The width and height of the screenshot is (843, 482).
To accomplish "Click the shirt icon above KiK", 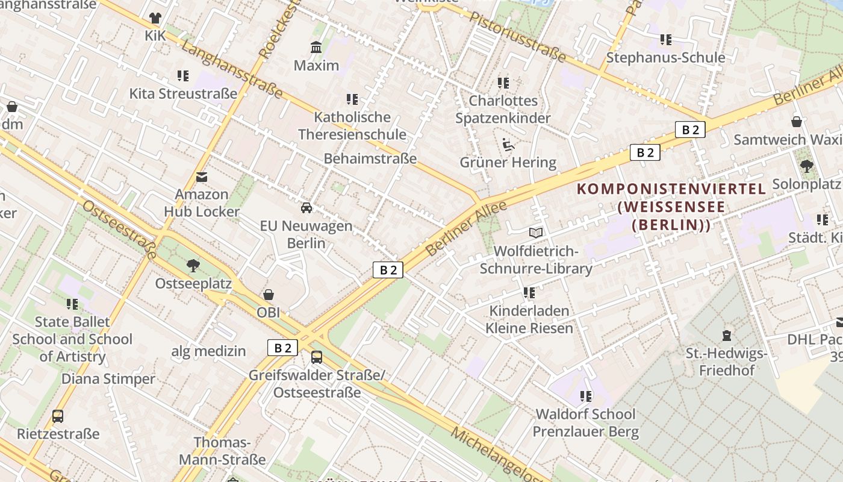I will pos(155,18).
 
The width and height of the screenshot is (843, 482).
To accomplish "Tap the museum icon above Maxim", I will pos(316,48).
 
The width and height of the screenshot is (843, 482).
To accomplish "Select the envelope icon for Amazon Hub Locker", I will pos(202,177).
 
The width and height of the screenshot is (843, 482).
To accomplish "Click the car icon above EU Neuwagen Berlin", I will pos(306,208).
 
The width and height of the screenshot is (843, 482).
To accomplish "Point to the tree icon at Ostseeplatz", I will pos(193,265).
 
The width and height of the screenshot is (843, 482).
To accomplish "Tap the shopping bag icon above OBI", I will pos(269,295).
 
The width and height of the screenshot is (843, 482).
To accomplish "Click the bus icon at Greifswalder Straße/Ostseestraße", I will pos(317,357).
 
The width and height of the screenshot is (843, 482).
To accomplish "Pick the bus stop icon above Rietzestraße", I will pos(58,416).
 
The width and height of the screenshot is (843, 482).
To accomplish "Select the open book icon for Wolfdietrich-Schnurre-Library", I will pos(536,233).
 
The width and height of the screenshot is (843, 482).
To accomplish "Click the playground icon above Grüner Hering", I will pos(508,145).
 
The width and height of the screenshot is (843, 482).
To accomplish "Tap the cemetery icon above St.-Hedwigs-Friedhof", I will pos(727,335).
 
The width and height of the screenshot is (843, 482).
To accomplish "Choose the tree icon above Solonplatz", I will pos(806,166).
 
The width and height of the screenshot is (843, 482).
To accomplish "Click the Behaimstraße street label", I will pos(370,158).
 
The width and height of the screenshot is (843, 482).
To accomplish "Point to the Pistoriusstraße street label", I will pos(518,36).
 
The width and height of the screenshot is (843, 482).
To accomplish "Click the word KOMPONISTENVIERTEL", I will pos(671,189).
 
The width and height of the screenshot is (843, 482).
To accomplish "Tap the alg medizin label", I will pos(208,351).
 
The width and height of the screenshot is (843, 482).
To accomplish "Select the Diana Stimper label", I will pos(108,379).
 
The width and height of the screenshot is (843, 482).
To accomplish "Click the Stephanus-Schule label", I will pos(665,58).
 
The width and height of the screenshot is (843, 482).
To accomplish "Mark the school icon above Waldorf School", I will pos(586,396).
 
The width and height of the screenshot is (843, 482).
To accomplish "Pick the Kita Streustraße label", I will pos(183,94).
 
